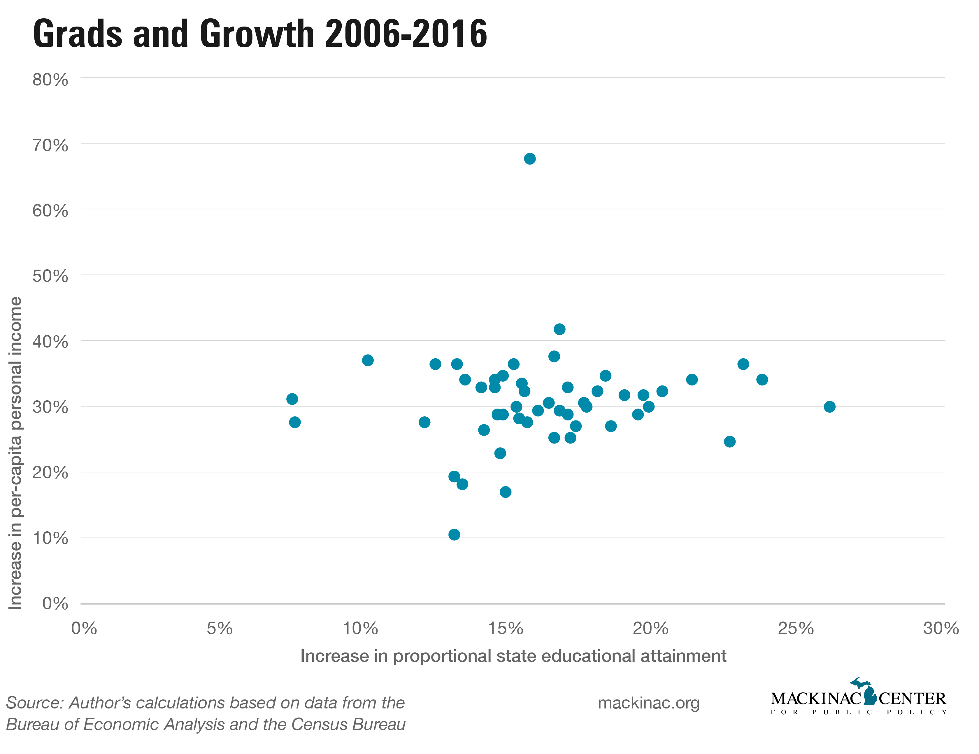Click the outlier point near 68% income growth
click(529, 159)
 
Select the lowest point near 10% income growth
click(454, 534)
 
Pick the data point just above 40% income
click(559, 329)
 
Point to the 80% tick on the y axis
click(50, 80)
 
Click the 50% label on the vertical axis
click(50, 276)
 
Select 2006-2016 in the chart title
click(406, 34)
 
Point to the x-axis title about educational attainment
click(513, 656)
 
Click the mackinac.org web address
click(649, 703)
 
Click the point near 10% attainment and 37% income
click(368, 360)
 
